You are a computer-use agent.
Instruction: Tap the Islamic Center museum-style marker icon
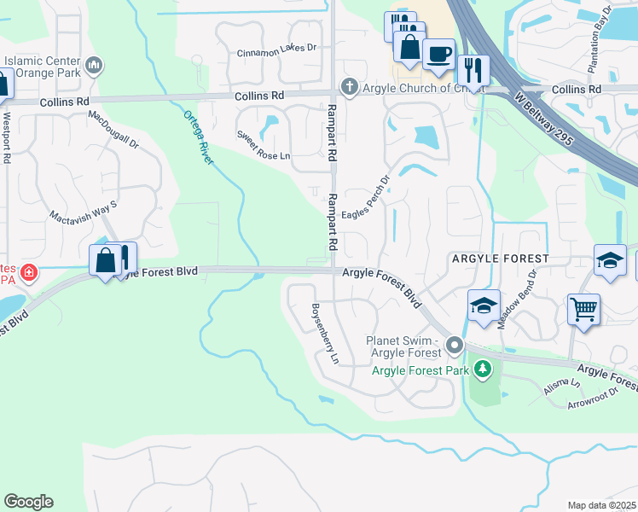click(x=95, y=65)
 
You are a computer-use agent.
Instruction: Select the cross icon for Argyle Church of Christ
click(x=349, y=86)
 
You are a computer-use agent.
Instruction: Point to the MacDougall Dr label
click(x=113, y=131)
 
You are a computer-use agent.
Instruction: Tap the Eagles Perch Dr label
click(x=365, y=201)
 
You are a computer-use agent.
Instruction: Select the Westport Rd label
click(x=7, y=137)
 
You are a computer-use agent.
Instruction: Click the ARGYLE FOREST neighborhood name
click(x=500, y=258)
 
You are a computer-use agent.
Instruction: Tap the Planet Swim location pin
click(x=455, y=346)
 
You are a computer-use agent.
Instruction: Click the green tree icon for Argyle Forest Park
click(x=483, y=369)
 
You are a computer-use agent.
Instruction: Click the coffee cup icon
click(x=438, y=54)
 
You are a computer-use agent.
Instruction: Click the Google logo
click(x=28, y=502)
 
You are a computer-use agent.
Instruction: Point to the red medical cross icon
click(x=29, y=273)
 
